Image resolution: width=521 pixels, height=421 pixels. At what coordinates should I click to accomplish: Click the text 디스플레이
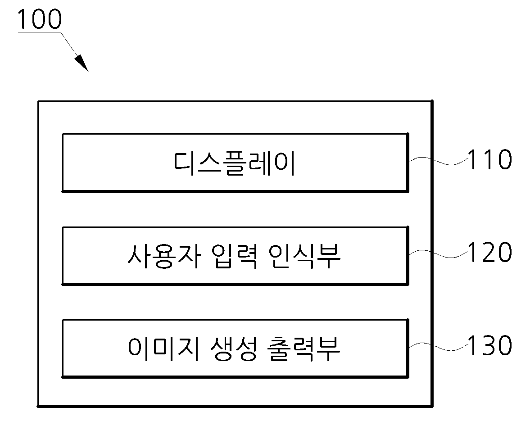235,163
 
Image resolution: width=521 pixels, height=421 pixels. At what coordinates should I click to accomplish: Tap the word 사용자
164,256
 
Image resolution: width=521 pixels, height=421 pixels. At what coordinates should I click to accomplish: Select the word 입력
234,256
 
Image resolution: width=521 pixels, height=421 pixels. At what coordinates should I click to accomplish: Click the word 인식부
304,256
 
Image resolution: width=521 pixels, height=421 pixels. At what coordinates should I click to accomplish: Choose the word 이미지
164,349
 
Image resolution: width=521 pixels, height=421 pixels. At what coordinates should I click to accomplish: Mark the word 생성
234,349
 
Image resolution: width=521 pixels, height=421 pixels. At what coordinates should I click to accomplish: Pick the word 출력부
304,349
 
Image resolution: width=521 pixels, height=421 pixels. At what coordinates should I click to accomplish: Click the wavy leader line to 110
439,161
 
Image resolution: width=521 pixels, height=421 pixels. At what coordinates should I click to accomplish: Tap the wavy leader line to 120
439,254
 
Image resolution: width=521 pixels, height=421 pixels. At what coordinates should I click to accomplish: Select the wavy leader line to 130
439,347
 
